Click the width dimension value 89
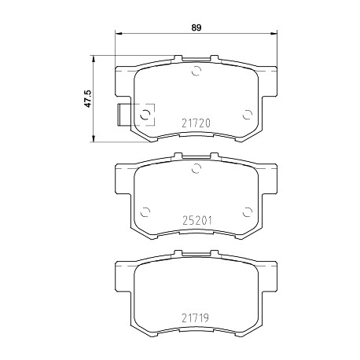tap(196, 28)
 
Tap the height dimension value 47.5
tap(87, 99)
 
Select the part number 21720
tap(196, 123)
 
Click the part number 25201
tap(197, 221)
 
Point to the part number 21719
tap(195, 318)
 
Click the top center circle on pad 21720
tap(196, 71)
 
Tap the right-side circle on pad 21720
tap(247, 115)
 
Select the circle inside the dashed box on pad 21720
tap(145, 115)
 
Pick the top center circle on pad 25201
tap(196, 168)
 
